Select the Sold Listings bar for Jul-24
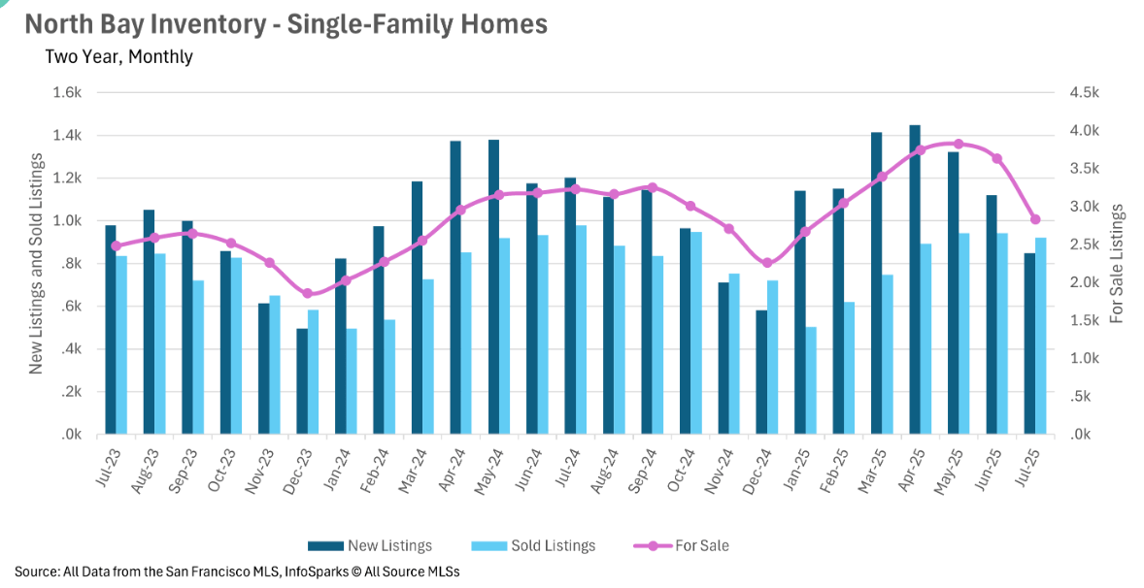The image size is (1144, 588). (582, 330)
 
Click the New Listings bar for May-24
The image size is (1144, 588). (493, 287)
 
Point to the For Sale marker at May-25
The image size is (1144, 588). (959, 144)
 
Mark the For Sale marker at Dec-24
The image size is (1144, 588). (767, 263)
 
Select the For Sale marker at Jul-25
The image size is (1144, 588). (1035, 219)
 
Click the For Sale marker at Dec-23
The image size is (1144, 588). (308, 293)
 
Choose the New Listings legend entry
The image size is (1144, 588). (370, 545)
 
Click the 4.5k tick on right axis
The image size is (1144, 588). (1084, 92)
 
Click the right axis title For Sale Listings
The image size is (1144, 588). (1118, 263)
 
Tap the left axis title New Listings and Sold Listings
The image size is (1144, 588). (36, 263)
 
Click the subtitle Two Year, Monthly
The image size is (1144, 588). (118, 56)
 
